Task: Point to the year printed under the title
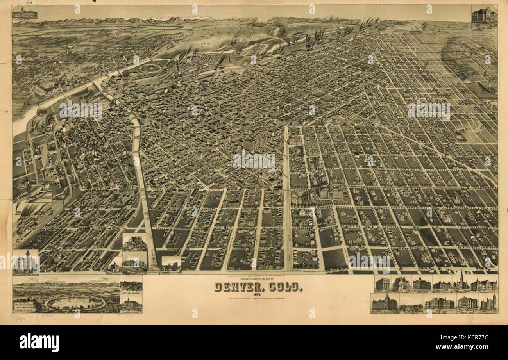pyautogui.click(x=258, y=295)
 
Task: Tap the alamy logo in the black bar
pyautogui.click(x=39, y=342)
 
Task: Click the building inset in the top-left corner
pyautogui.click(x=25, y=12)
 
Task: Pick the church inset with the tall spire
pyautogui.click(x=461, y=282)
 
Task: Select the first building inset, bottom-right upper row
pyautogui.click(x=383, y=283)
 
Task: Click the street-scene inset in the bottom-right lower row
pyautogui.click(x=410, y=304)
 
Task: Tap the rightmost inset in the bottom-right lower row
pyautogui.click(x=488, y=303)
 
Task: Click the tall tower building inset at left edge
pyautogui.click(x=25, y=262)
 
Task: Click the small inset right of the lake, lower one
pyautogui.click(x=131, y=304)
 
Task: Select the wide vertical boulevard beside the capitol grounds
pyautogui.click(x=287, y=195)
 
